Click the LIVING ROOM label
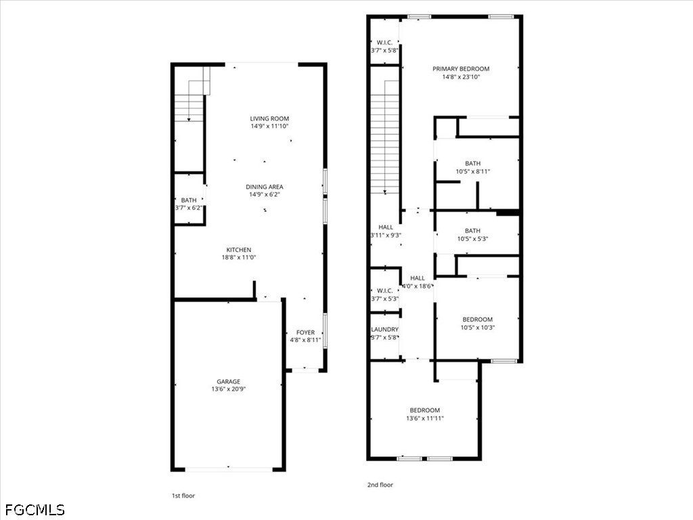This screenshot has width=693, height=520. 269,118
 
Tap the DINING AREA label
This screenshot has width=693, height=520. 265,187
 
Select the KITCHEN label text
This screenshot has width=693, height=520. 239,250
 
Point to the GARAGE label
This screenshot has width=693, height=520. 229,382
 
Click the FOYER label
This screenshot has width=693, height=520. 305,332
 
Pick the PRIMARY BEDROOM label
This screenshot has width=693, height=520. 461,69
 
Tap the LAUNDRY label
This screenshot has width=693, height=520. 384,330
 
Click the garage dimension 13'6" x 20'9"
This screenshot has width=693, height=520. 229,389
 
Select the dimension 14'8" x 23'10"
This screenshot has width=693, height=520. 461,77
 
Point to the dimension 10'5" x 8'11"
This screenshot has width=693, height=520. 473,171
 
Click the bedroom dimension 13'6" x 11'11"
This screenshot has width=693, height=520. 425,418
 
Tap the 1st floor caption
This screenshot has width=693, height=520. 183,496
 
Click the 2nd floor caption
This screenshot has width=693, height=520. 380,485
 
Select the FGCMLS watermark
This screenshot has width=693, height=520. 35,510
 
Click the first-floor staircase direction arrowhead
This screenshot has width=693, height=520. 189,119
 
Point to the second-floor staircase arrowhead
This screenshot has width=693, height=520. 385,192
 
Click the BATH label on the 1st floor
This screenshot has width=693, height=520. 189,200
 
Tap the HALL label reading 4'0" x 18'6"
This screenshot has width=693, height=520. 417,278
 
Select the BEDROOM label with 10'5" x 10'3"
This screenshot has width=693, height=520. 477,320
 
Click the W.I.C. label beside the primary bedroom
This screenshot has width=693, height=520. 384,43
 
